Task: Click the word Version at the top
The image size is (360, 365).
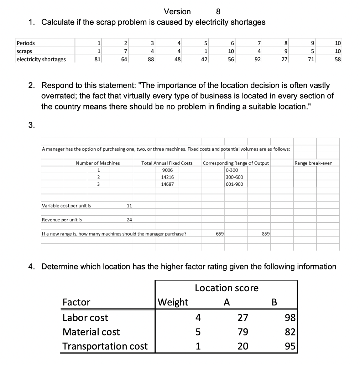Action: click(x=177, y=11)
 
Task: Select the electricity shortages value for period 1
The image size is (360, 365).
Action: click(x=96, y=59)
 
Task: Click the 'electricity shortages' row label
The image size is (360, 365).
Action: click(x=41, y=59)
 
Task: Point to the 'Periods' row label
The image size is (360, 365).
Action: click(x=26, y=43)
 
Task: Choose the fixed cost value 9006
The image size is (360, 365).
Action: click(x=167, y=170)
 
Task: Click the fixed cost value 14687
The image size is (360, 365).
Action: click(x=167, y=184)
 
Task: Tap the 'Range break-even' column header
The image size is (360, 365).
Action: click(x=313, y=163)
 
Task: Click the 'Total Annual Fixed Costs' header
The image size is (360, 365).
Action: click(x=167, y=163)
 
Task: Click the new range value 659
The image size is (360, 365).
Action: click(x=220, y=234)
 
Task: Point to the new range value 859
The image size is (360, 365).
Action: click(x=266, y=234)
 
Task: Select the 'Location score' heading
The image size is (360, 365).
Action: click(x=226, y=288)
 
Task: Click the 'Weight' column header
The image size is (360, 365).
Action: click(x=173, y=302)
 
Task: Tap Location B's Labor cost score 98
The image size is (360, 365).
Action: click(x=290, y=318)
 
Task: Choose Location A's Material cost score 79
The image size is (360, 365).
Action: click(x=243, y=332)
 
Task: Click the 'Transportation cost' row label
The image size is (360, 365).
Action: click(x=105, y=346)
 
